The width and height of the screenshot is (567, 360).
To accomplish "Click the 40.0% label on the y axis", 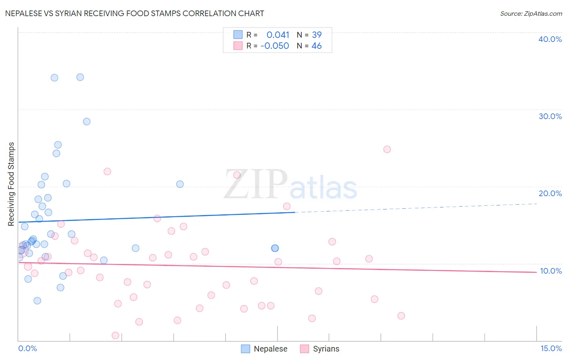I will click(550, 39).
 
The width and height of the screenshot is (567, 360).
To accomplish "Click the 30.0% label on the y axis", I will click(550, 116).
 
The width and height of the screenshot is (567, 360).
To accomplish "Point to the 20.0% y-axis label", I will click(550, 193).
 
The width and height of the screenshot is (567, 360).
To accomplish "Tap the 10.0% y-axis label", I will click(550, 271).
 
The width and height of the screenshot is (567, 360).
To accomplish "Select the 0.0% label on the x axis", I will click(27, 348).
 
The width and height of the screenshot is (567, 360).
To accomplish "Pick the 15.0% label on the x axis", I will click(551, 348).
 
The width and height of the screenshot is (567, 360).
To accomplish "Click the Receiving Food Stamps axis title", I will click(11, 184).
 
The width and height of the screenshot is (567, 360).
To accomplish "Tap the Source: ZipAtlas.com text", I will click(531, 13).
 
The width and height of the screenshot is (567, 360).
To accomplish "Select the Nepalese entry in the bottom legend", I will click(270, 349).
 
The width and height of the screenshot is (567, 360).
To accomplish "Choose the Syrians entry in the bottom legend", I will click(326, 349).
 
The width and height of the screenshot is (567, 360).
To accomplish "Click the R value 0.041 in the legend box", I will click(278, 35).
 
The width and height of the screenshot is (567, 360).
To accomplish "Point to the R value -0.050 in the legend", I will click(275, 46).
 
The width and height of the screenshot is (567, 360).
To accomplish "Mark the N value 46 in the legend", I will click(317, 46).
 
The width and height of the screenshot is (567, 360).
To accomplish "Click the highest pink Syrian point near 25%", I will click(387, 149).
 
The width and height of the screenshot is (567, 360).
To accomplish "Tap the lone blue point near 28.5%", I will click(87, 121).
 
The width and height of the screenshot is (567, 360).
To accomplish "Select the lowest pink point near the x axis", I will click(115, 335).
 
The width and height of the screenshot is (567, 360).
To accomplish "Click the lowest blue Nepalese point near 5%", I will click(37, 301).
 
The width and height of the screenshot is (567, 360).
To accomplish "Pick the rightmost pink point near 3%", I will click(401, 316).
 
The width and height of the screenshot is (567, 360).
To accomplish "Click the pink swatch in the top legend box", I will click(238, 46).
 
